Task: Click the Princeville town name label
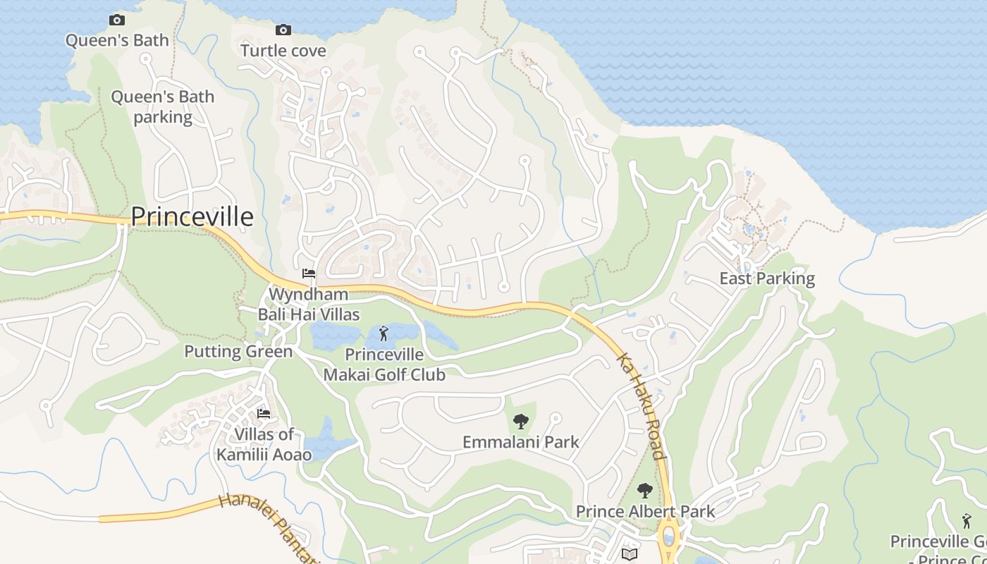192,216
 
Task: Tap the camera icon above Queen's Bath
117,20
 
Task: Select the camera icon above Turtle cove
283,30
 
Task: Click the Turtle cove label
283,51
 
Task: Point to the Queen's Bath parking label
163,106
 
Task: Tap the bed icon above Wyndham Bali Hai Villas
308,274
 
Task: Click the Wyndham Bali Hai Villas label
309,304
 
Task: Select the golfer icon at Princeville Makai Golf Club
384,333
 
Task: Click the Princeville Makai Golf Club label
384,364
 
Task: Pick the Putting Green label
238,351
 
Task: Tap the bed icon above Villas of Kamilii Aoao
264,413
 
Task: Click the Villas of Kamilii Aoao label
264,444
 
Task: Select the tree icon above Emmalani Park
521,422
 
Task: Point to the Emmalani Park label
521,442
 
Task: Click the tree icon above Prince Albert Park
645,491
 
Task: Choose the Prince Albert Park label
645,511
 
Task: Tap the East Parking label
767,278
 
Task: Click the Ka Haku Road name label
642,407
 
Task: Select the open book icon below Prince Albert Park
630,554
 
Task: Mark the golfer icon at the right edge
967,521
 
